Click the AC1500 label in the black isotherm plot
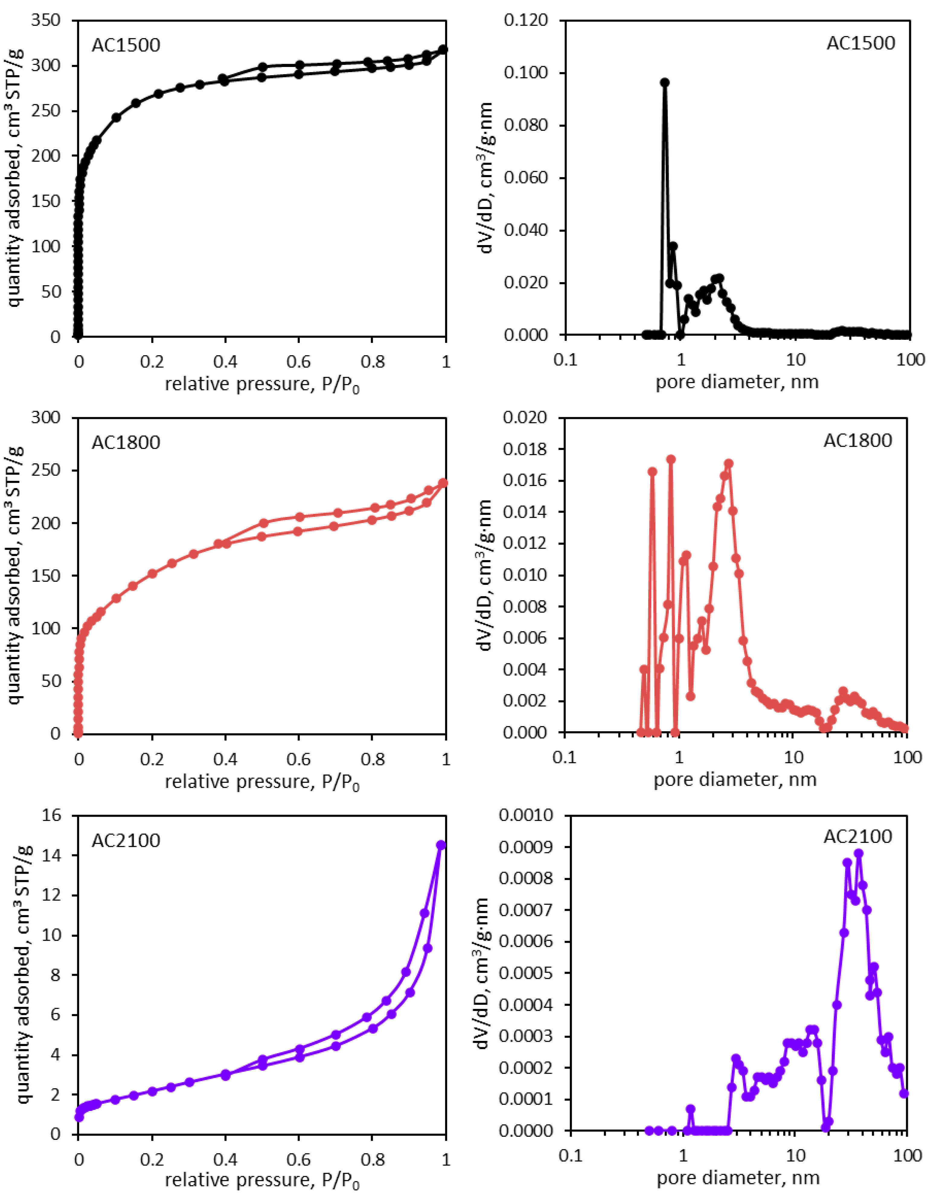pyautogui.click(x=126, y=45)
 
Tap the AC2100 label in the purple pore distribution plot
pyautogui.click(x=858, y=836)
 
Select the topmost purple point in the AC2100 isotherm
pyautogui.click(x=440, y=845)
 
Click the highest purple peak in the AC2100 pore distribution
pyautogui.click(x=858, y=853)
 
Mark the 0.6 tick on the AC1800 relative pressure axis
pyautogui.click(x=298, y=759)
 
